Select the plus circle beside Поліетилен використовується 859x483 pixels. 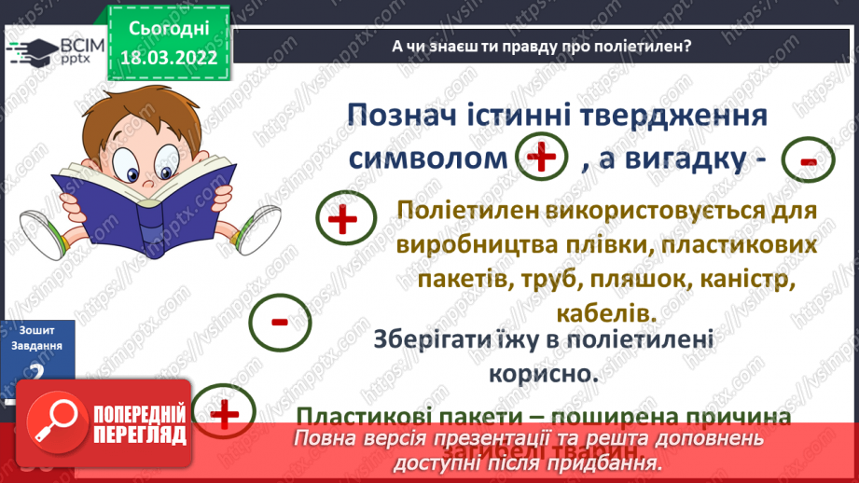[343, 220]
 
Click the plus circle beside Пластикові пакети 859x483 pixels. [227, 413]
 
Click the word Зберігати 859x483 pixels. [426, 340]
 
